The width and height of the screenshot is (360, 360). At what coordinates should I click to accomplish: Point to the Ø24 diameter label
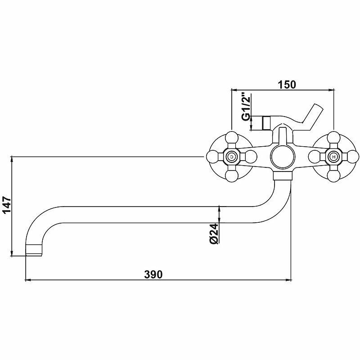pos(214,234)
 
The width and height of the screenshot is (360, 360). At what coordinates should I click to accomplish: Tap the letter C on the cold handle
pos(231,157)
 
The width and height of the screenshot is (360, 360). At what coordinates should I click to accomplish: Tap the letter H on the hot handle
pos(333,157)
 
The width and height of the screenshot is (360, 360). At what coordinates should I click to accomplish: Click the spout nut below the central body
pos(283,176)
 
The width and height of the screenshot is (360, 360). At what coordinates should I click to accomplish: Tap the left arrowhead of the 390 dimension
pos(27,280)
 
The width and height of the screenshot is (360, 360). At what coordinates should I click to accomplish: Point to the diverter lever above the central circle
pos(282,135)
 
